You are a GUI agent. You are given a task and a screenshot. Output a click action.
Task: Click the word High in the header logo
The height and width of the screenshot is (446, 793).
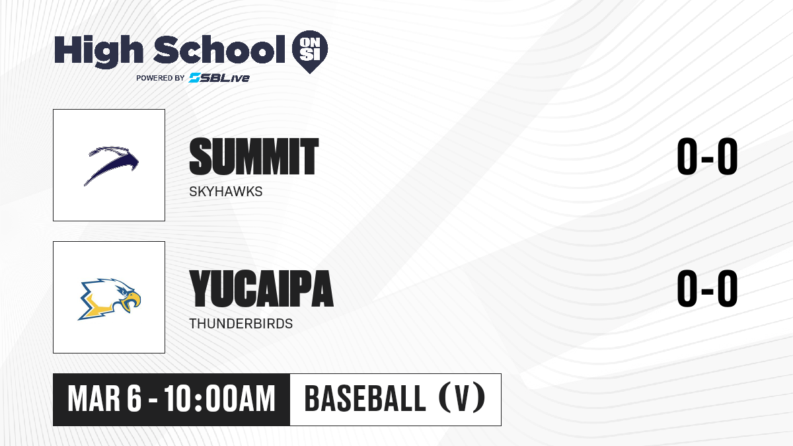coord(98,52)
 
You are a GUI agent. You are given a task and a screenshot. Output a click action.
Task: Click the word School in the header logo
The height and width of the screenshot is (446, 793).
coord(219,50)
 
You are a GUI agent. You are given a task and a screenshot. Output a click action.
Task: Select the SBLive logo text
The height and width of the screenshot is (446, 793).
coord(219,78)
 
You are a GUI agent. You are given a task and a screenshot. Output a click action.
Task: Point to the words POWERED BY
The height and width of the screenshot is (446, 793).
coord(161,78)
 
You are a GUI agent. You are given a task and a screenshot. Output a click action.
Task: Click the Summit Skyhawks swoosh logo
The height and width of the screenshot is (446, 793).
coord(111,165)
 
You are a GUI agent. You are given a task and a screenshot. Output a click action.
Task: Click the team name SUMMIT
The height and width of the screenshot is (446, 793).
coord(254,157)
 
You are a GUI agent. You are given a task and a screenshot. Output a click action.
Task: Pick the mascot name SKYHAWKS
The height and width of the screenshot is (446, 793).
coord(226,192)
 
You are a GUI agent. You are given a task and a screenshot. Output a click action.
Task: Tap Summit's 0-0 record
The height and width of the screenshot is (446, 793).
coord(707,156)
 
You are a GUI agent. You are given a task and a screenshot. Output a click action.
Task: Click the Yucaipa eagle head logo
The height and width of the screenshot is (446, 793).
coord(110,299)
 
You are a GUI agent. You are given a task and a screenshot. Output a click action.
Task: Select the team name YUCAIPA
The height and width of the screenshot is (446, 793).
coord(262,289)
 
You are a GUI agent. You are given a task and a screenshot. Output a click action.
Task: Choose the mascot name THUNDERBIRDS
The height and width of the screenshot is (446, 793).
coord(241,324)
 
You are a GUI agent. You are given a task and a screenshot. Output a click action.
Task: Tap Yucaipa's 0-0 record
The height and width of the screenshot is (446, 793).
coord(707,288)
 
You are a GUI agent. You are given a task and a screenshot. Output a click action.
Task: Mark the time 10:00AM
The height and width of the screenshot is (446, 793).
coord(220,399)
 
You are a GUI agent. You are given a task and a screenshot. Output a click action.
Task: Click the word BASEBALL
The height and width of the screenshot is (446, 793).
coord(365,399)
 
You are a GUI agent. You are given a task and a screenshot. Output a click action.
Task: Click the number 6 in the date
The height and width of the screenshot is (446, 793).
coord(134,399)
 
